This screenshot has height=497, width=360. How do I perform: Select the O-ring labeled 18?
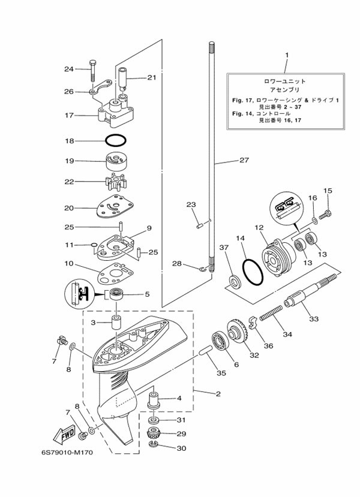click(x=116, y=140)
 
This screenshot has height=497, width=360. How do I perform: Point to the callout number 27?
click(x=243, y=160)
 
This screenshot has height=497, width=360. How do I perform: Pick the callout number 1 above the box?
click(x=286, y=56)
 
